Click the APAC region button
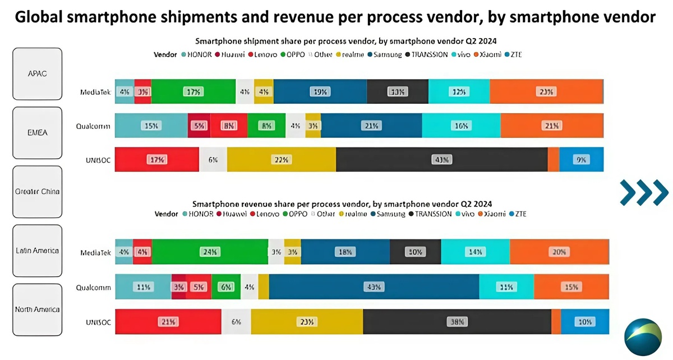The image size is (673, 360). pos(37,73)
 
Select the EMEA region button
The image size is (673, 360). pos(37,132)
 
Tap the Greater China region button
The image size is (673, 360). pos(37,191)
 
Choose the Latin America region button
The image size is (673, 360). pos(37,250)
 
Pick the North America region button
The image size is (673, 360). pos(37,309)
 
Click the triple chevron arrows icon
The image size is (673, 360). pos(644,192)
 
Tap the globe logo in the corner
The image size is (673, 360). pos(643,337)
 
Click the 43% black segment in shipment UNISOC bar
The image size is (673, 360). pos(441,160)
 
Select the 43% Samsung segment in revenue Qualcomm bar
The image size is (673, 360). pos(374,287)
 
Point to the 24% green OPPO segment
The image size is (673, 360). pos(210,252)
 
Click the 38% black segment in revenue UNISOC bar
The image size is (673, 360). pos(457,322)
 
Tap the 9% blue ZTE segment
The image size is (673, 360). pos(581,160)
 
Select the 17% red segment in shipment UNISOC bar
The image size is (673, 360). pos(156,160)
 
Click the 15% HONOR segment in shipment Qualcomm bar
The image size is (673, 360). pos(151,126)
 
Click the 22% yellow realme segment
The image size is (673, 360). pos(281,160)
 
